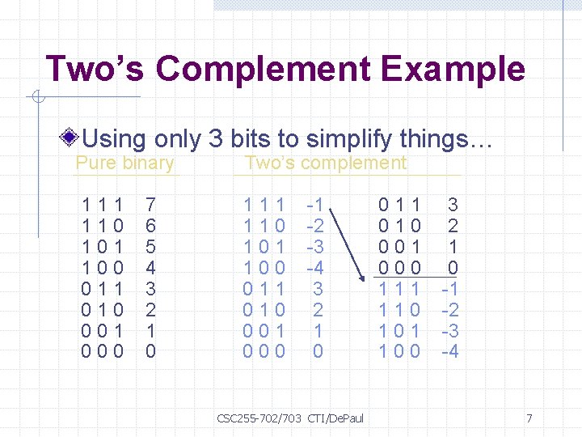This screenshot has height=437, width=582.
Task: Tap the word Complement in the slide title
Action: click(264, 70)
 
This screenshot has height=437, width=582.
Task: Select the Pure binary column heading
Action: click(124, 163)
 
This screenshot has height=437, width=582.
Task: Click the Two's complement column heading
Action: click(326, 163)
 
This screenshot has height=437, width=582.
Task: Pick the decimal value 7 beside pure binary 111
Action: click(150, 205)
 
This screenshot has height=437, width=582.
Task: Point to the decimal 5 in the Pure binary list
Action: click(150, 246)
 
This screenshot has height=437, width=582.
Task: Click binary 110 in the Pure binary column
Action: click(103, 226)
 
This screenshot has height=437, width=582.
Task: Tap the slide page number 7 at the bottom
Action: click(529, 418)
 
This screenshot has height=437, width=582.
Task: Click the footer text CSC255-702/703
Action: click(259, 418)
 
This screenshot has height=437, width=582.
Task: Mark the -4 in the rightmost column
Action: click(449, 351)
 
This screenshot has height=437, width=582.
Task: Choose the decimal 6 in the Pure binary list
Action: click(150, 226)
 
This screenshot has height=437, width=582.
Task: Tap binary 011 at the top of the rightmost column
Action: click(400, 205)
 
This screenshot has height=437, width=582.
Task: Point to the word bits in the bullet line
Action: click(251, 139)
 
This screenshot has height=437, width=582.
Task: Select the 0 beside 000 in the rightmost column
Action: click(453, 267)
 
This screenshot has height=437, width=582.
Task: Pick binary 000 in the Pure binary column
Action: click(103, 351)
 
